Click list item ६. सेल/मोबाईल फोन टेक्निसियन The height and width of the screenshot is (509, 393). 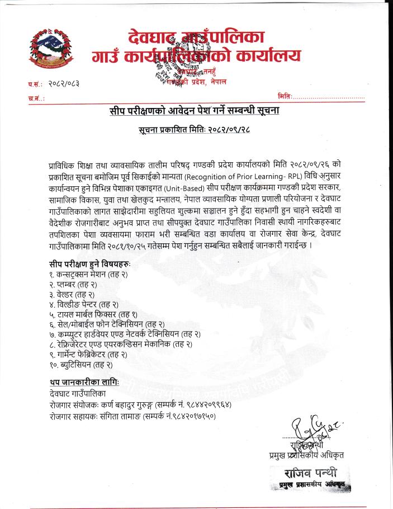tap(107, 324)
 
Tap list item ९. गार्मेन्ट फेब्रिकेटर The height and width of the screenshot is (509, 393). tap(88, 355)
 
